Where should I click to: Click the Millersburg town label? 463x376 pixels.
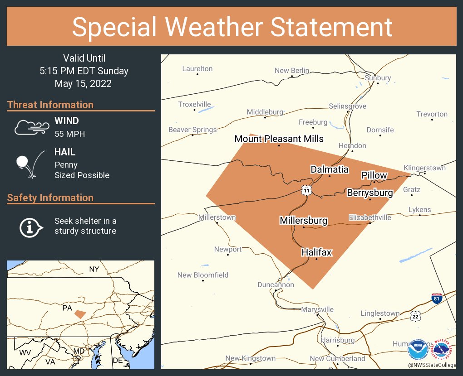[x=303, y=221]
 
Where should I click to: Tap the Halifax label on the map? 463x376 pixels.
[x=316, y=252]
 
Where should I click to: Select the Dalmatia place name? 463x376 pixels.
[x=330, y=169]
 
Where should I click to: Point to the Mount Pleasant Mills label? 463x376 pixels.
[x=279, y=139]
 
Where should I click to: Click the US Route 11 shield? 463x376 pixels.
[x=307, y=190]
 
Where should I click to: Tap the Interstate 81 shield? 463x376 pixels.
[x=437, y=298]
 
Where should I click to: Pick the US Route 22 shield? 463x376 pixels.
[x=415, y=316]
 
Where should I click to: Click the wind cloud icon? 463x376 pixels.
[x=30, y=127]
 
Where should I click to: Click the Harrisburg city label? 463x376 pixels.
[x=337, y=340]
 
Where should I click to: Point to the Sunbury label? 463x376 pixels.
[x=378, y=78]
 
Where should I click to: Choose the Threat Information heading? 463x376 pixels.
[x=50, y=105]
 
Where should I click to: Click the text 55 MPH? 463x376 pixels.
[x=69, y=134]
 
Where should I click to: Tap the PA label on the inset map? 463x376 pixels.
[x=67, y=308]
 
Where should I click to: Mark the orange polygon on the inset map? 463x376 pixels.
[x=80, y=314]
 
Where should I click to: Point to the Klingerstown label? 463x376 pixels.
[x=424, y=168]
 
